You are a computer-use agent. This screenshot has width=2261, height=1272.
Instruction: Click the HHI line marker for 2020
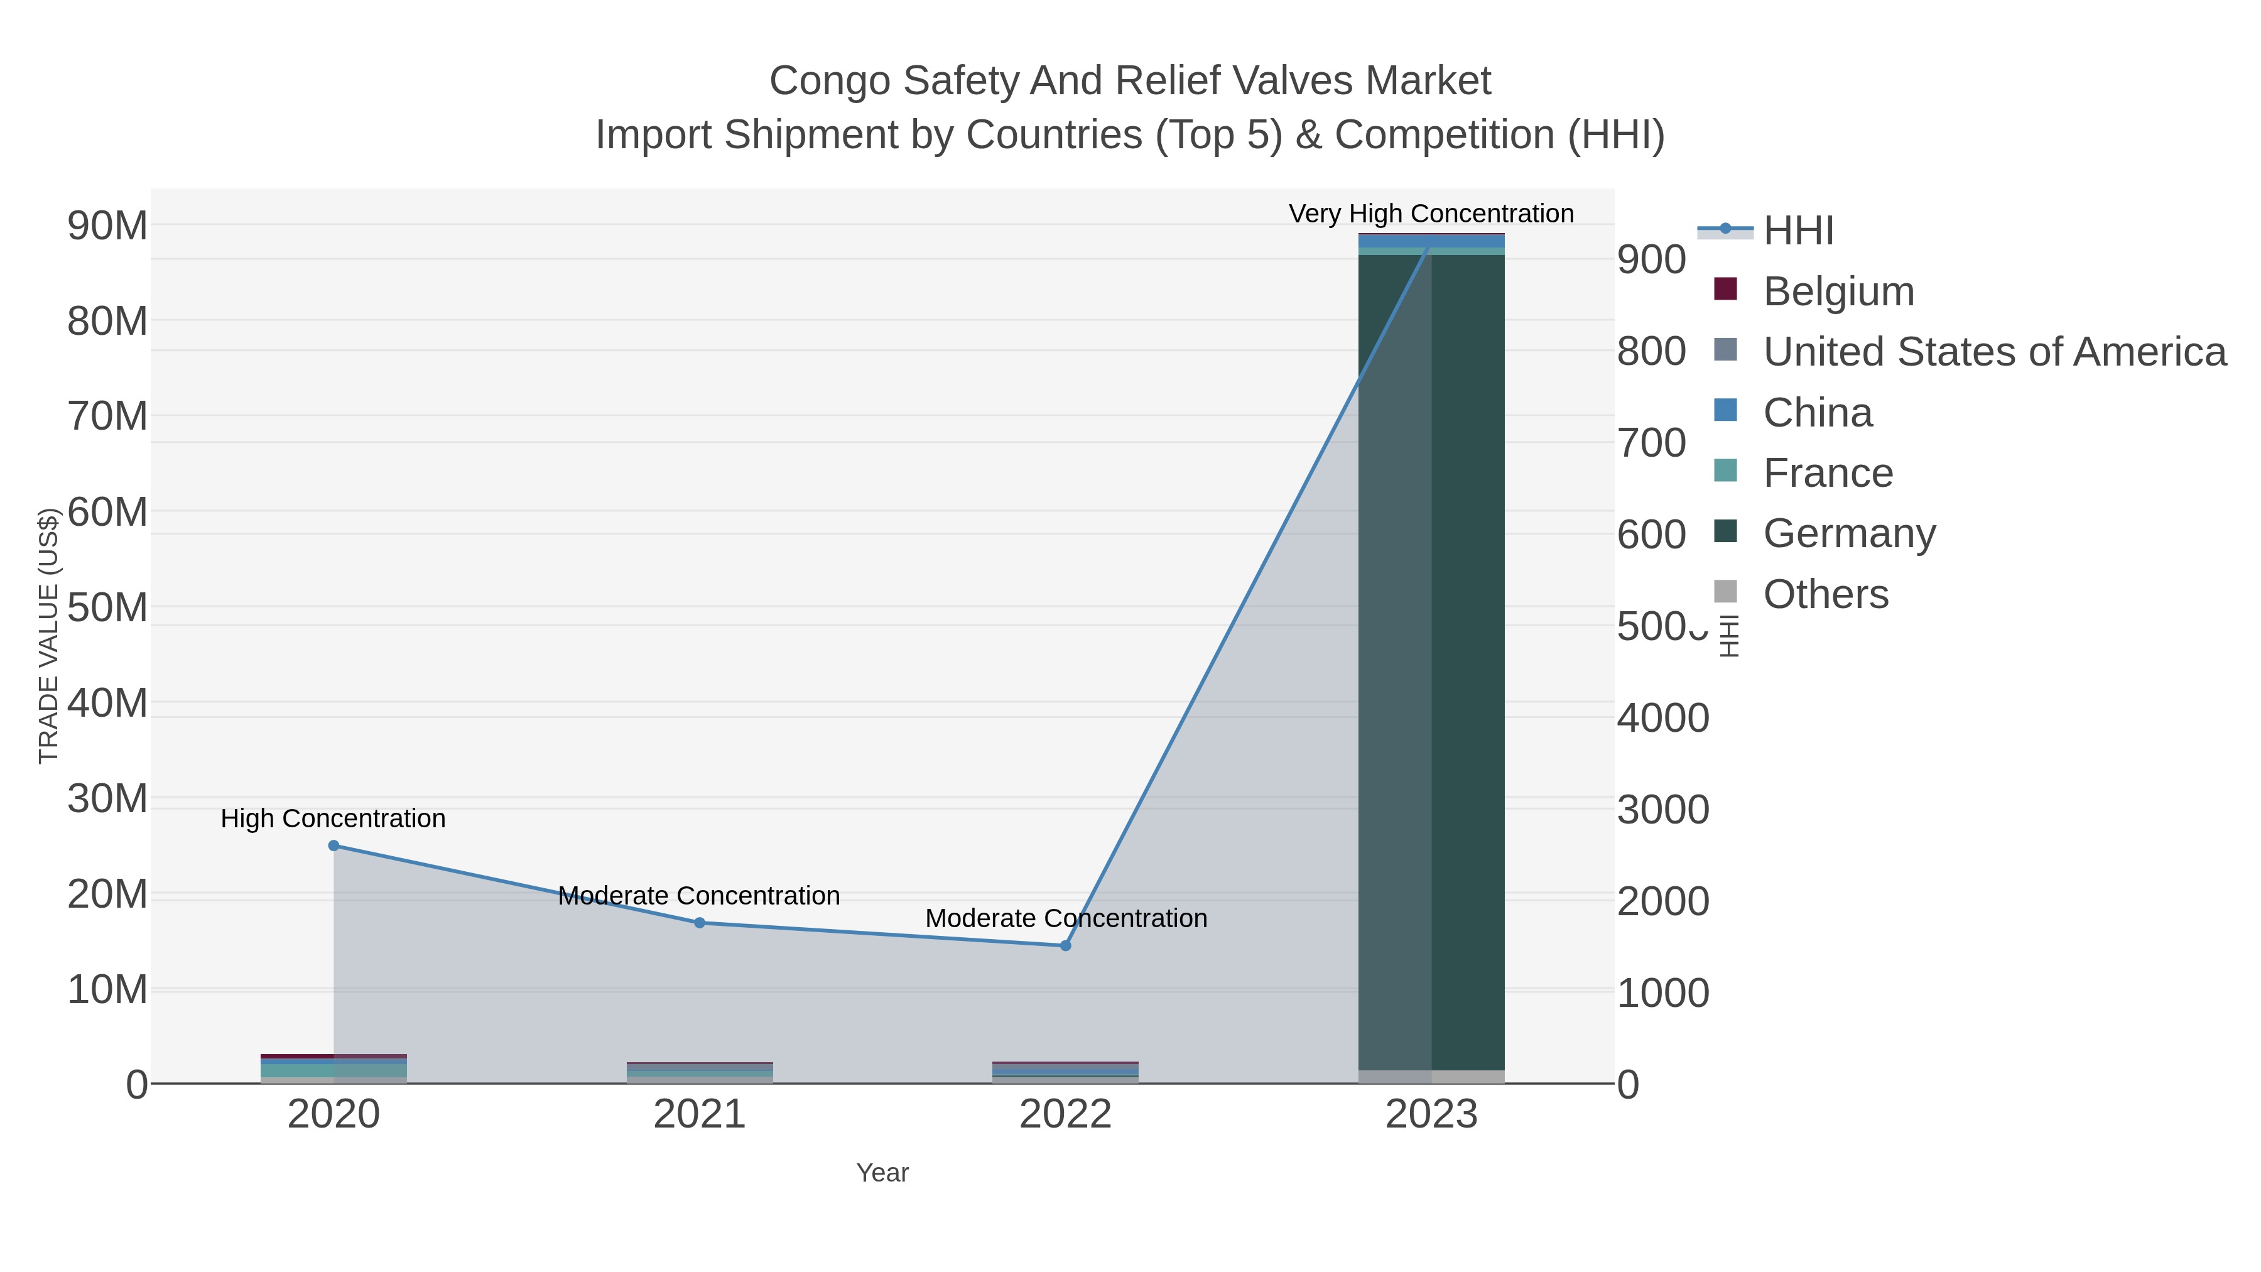coord(333,845)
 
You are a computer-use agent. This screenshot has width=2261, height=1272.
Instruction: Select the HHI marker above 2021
coord(700,923)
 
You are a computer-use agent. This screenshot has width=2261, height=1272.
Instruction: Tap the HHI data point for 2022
coord(1066,945)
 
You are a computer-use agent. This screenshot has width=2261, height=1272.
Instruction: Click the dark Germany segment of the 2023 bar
coord(1468,658)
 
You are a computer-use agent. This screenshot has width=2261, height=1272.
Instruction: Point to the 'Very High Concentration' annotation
coord(1431,214)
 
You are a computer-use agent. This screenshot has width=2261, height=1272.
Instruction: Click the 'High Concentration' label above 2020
coord(333,818)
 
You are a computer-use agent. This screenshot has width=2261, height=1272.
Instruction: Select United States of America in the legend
coord(1994,352)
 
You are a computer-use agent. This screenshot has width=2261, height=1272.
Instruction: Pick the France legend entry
coord(1828,473)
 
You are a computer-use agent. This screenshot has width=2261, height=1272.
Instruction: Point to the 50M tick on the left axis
coord(107,607)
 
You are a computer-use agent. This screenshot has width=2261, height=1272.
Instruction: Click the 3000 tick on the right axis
coord(1662,810)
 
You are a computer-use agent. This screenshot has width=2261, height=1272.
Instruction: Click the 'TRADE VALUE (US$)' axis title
coord(49,636)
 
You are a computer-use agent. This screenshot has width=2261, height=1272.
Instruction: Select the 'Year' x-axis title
coord(882,1173)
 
